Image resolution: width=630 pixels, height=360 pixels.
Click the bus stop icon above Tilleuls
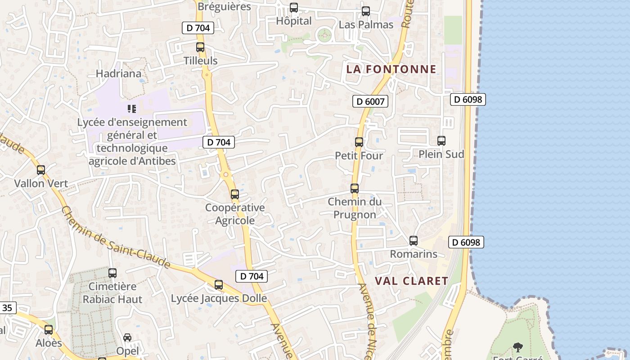coord(200,47)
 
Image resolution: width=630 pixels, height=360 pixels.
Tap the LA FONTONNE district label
coord(391,69)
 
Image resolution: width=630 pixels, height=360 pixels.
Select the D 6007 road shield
coord(370,101)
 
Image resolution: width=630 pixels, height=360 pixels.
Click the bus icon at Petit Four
coord(359,142)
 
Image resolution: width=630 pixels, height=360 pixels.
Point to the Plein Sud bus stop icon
coord(441,141)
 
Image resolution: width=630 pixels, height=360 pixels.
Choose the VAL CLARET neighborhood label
coord(412,281)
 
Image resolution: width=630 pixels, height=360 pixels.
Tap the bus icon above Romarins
coord(414,241)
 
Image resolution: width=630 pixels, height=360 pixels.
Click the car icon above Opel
coord(127,337)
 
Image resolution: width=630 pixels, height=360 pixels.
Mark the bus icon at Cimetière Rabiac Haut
coord(112,273)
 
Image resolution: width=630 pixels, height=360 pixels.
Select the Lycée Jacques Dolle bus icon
coord(219,285)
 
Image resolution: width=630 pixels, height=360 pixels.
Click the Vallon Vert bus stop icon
coord(41,170)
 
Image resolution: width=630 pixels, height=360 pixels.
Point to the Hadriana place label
coord(119,73)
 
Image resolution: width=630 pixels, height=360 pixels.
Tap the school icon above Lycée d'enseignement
coord(131,108)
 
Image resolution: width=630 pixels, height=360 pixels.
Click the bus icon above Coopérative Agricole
coord(234,194)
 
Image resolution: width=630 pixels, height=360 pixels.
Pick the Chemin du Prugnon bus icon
coord(355,189)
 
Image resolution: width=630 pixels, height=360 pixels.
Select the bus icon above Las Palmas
coord(366,11)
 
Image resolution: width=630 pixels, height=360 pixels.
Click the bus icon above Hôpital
coord(294,8)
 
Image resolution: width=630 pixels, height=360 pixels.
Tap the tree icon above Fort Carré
coord(518,347)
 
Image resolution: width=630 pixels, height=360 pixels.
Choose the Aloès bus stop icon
coord(49,330)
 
